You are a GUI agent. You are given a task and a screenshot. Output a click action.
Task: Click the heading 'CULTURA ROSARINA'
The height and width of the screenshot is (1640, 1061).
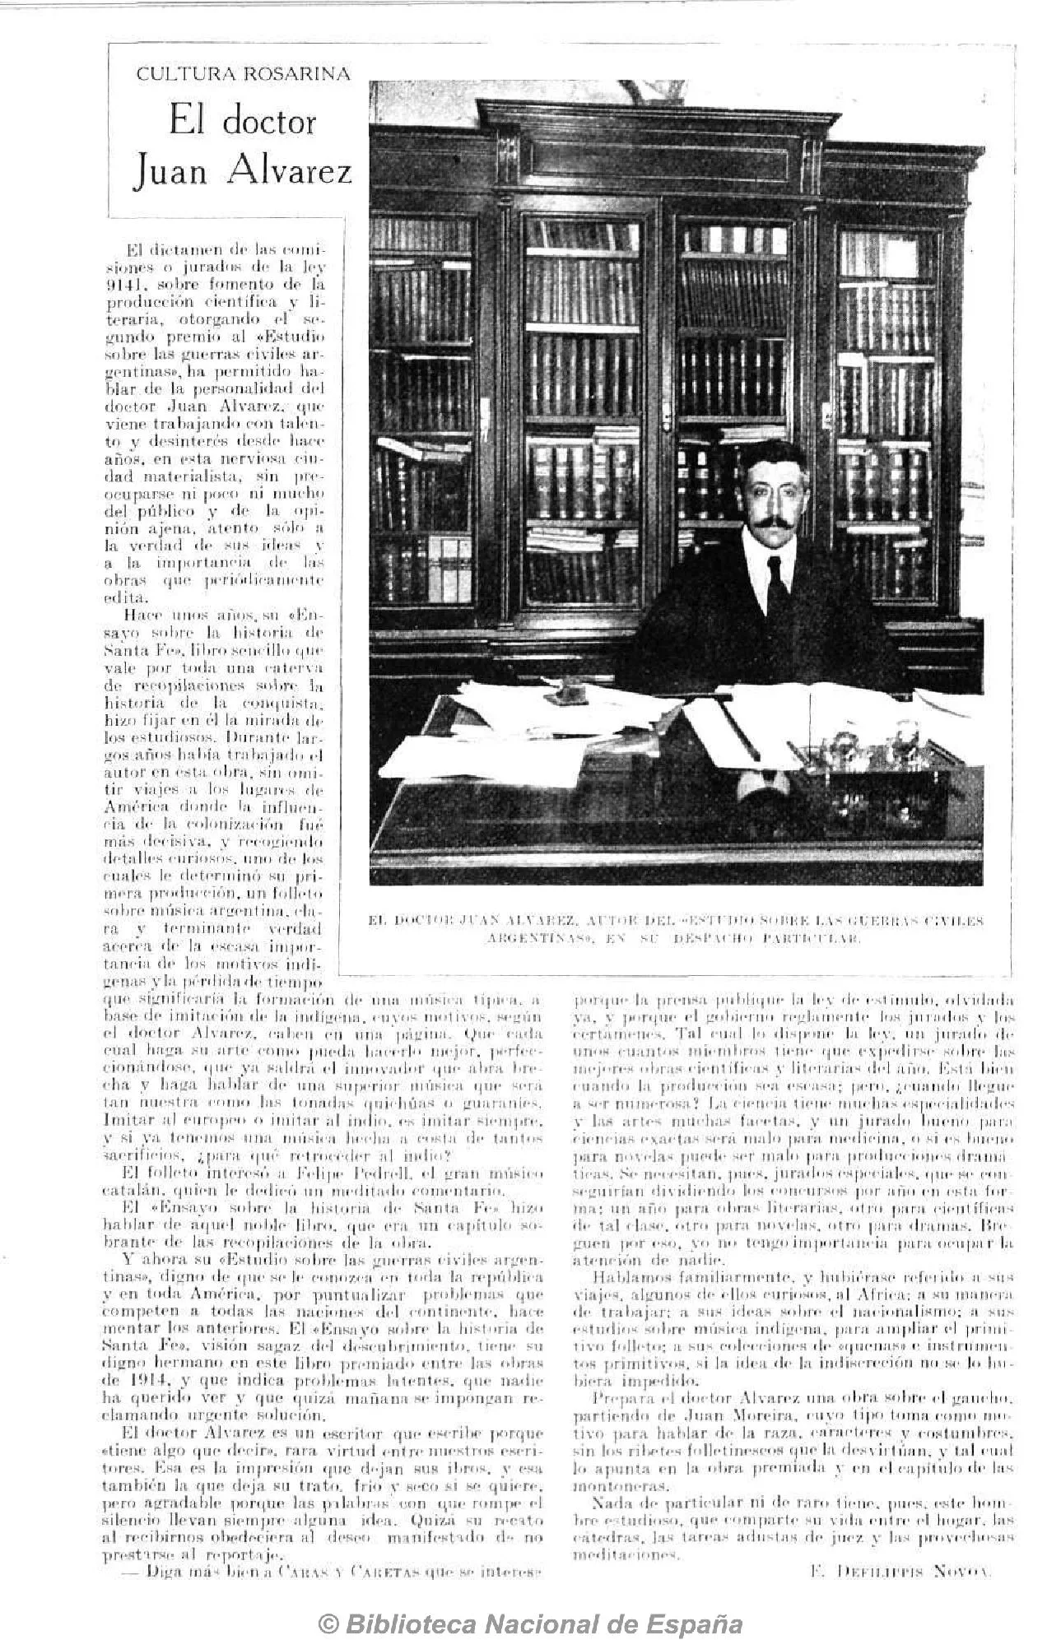243,75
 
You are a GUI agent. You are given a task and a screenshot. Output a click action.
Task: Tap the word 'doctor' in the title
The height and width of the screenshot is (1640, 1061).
268,122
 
